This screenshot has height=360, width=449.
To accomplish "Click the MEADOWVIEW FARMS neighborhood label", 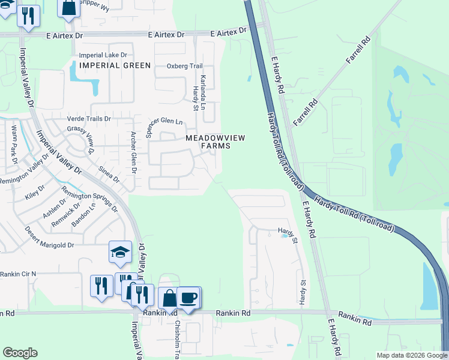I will tap(215, 142).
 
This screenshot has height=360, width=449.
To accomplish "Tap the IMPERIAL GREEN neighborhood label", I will tap(106, 65).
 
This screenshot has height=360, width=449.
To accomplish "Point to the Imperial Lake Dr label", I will tap(103, 55).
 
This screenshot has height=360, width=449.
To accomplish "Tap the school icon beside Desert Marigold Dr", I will tap(120, 253).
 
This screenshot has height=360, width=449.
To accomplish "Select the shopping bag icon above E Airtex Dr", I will tap(69, 8).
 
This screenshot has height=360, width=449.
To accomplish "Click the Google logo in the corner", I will tap(20, 353).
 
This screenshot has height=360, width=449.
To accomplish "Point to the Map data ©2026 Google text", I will tap(412, 355).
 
